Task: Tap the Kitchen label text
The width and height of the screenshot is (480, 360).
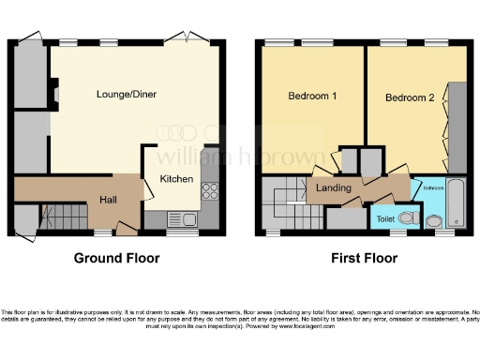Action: (176, 179)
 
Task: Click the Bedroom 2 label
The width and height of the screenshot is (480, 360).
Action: (410, 97)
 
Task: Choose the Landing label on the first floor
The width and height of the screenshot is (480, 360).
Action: (334, 187)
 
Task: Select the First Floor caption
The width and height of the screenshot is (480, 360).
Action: (362, 258)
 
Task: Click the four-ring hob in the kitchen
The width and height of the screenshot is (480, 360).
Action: (209, 191)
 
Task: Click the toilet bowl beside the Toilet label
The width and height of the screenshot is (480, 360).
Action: (407, 217)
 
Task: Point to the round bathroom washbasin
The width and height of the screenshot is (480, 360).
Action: (434, 222)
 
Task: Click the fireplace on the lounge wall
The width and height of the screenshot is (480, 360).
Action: (52, 94)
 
